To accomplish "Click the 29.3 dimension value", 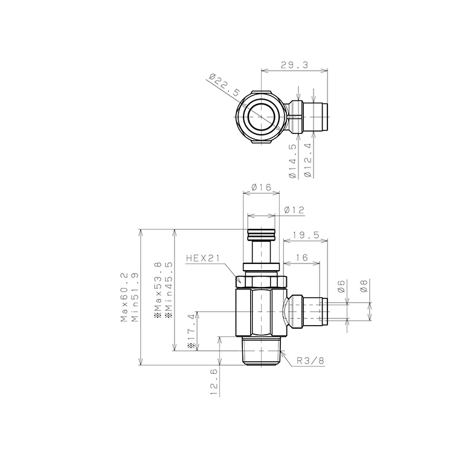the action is pos(294,65).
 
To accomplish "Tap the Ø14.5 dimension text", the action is pos(292,161).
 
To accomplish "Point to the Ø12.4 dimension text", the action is pos(308,161).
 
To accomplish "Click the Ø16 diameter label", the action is pos(261,187).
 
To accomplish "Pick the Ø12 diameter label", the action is pos(294,210).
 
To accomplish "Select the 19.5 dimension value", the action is pos(306,235).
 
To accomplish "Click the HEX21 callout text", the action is pos(203,259).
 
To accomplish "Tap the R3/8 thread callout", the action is pos(311,361).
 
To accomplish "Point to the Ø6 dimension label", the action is pos(341,286).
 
